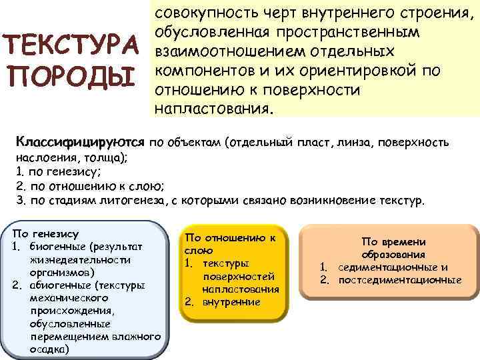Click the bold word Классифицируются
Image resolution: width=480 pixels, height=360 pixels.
[80, 142]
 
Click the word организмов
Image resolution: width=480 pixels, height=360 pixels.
[59, 272]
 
